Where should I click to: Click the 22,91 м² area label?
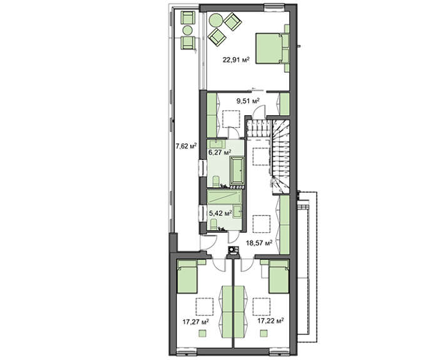tap(236, 59)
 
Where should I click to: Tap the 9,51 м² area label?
tap(248, 101)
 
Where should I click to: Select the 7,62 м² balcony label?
tap(186, 146)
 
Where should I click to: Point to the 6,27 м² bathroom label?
tap(220, 152)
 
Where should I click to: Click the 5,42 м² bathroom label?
tap(220, 213)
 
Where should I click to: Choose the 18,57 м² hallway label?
tap(259, 243)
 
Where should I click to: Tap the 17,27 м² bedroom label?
tap(196, 322)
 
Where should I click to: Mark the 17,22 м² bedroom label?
tap(271, 321)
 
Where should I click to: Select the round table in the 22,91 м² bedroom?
tap(216, 20)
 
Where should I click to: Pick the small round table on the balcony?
tap(188, 30)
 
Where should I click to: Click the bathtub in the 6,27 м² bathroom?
tap(237, 171)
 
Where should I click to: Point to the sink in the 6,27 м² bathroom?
tap(216, 144)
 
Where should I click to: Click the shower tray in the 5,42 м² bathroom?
tap(224, 197)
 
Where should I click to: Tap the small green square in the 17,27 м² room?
tap(203, 333)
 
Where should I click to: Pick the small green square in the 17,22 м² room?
tap(263, 333)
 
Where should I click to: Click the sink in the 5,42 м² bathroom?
tap(238, 211)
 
